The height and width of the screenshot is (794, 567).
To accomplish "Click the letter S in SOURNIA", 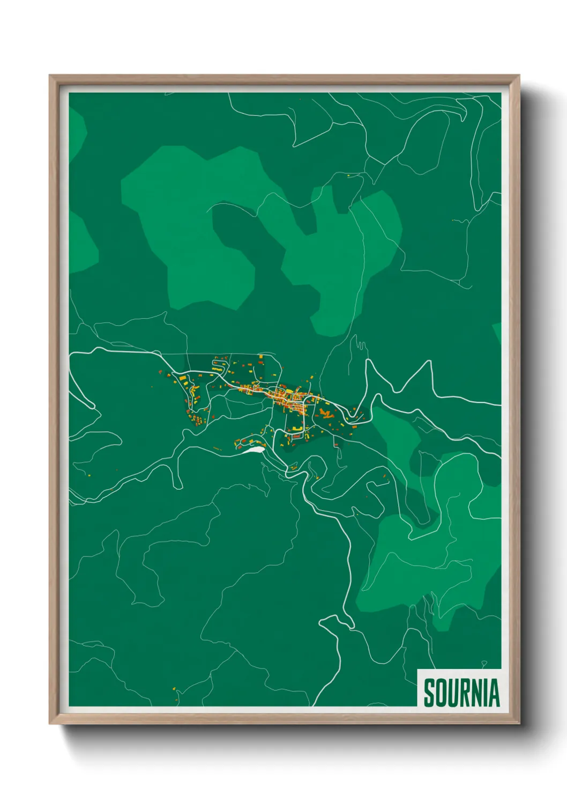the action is pyautogui.click(x=429, y=693).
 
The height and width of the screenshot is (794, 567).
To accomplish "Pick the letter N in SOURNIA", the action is pyautogui.click(x=476, y=693).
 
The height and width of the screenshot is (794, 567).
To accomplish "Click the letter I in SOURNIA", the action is pyautogui.click(x=485, y=693).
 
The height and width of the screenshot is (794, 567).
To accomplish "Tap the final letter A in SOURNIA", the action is pyautogui.click(x=494, y=693).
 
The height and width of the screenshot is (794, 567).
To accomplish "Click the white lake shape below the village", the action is pyautogui.click(x=253, y=450).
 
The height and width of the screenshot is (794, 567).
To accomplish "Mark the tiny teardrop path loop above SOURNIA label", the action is pyautogui.click(x=484, y=664).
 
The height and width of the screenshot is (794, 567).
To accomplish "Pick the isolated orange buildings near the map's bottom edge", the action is pyautogui.click(x=175, y=688).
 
